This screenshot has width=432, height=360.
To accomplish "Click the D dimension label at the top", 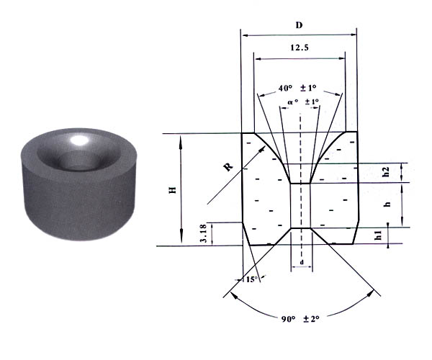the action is pos(299,25).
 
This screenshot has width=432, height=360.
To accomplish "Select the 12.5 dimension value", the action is pos(300,48).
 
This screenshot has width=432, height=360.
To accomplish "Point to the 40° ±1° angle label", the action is pos(297,88).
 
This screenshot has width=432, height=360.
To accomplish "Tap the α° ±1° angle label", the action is pos(303,102).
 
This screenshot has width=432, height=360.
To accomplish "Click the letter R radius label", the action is pos(228,167).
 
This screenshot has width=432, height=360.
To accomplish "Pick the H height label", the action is pos(173,190).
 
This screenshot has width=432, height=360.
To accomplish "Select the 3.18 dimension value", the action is pos(203,233).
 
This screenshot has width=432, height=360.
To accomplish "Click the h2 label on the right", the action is pos(386,172).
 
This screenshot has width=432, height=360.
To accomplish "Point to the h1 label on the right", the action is pos(379,235).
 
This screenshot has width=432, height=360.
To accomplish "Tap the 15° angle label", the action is pos(251,279).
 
